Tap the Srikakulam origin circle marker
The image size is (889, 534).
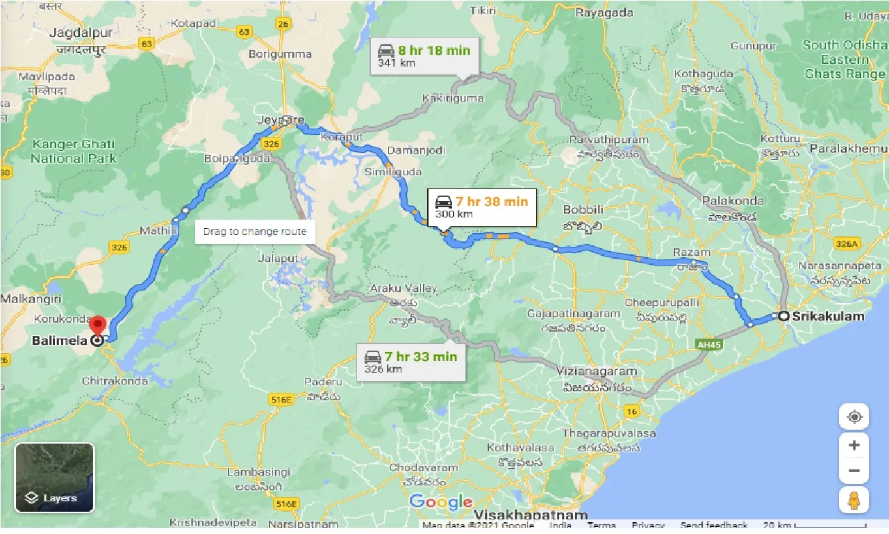(x=783, y=316)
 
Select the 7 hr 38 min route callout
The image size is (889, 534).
(x=481, y=207)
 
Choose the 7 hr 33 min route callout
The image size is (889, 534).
(x=411, y=362)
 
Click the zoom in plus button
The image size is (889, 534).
(x=854, y=445)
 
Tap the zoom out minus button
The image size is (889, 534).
(x=854, y=471)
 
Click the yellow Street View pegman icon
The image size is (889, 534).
(x=854, y=501)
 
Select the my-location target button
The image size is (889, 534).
(x=854, y=416)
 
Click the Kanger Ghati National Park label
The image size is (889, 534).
(x=72, y=151)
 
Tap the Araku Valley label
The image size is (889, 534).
(x=404, y=288)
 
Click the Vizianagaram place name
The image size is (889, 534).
(x=597, y=372)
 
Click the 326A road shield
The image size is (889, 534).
(x=847, y=243)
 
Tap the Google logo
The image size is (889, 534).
(x=441, y=501)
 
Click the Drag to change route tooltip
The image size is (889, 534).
(x=255, y=232)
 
